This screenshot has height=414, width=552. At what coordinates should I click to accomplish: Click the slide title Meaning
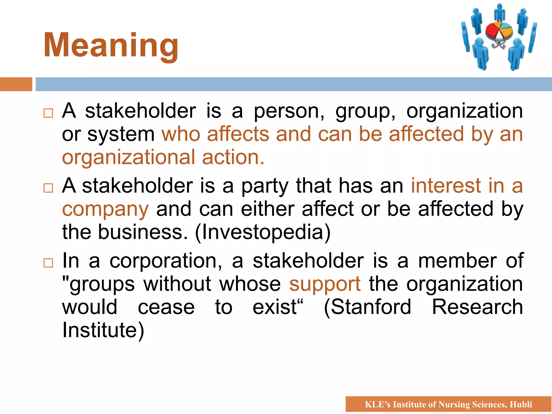[111, 45]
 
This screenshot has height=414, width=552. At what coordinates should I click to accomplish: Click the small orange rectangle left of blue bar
[16, 84]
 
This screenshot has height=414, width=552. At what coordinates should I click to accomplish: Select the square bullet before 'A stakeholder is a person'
[48, 113]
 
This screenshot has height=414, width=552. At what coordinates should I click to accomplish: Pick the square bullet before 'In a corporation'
[48, 263]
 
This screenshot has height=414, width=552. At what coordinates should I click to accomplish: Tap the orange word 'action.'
[233, 157]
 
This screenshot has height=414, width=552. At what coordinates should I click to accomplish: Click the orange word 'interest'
[446, 186]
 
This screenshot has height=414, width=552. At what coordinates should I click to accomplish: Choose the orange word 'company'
[105, 209]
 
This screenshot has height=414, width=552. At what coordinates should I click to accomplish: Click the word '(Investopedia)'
[263, 232]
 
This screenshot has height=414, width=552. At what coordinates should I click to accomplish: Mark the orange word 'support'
[325, 285]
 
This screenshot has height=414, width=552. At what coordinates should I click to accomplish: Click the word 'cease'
[166, 307]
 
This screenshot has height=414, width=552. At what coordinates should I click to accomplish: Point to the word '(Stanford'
[367, 307]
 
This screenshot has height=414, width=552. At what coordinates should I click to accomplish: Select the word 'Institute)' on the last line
[103, 330]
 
